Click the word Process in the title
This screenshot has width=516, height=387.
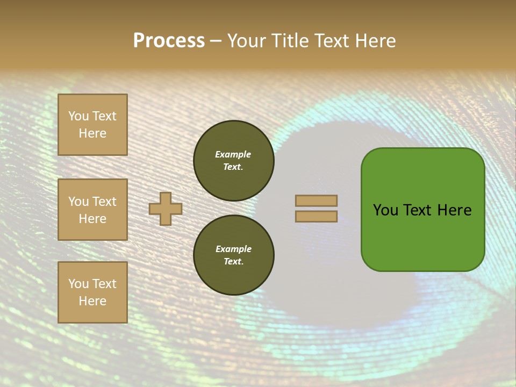pos(169,41)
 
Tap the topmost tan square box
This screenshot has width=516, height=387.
pos(92,125)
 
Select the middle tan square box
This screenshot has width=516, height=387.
pos(92,210)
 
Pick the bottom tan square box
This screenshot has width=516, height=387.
pos(92,292)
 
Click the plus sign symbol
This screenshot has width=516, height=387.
pos(166,209)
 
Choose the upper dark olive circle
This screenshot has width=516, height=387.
pos(233,161)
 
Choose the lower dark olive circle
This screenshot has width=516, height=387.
pos(233,255)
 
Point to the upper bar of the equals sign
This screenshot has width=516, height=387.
pos(316,200)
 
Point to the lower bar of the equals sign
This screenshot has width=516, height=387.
pos(316,217)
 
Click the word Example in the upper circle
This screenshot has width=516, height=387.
pos(233,154)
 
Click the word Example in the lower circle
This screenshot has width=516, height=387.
pos(233,249)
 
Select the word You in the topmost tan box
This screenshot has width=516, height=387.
pos(78,116)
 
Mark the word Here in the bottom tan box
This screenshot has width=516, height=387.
pos(92,301)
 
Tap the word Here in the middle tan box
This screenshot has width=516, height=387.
pos(92,219)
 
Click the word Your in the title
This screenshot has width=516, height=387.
pos(247,41)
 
